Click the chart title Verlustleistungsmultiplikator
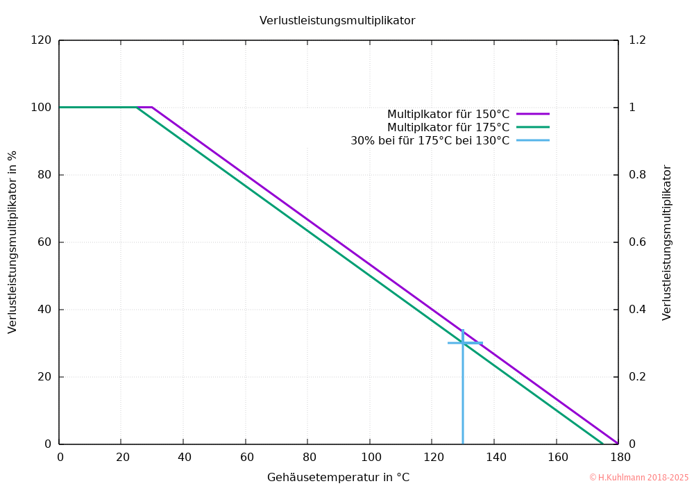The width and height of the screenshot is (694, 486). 337,21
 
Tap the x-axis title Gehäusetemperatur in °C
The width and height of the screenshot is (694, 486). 338,477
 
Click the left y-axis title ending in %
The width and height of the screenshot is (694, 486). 12,242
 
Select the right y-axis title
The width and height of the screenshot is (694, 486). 667,242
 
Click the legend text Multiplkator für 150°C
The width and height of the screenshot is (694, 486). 448,114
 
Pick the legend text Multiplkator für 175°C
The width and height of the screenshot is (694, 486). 448,127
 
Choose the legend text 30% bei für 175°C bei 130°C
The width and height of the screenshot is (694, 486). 430,140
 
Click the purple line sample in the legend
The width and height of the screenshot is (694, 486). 533,113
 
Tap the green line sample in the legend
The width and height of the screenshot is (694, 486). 533,127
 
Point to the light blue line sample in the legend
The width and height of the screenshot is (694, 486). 533,140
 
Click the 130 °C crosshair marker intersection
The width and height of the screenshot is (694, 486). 463,342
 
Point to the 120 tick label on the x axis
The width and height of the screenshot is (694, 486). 432,458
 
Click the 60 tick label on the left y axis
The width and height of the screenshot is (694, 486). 44,242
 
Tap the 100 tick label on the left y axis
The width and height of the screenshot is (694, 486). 42,108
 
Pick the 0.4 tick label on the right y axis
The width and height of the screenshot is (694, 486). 636,310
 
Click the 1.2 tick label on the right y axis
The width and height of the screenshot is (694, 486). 636,40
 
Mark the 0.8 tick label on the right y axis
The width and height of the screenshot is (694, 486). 636,175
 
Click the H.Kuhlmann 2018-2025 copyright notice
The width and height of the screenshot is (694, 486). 638,478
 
